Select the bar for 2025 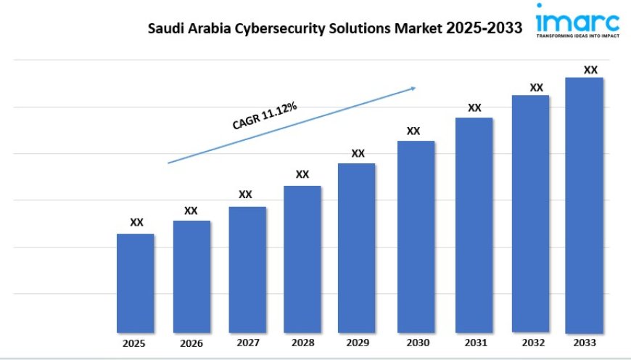[136, 283]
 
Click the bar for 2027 [247, 269]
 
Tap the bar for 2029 [357, 247]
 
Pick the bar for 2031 [474, 225]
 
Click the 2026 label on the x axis [191, 343]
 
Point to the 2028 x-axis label [302, 343]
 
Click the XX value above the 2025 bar [136, 223]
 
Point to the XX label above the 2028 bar [302, 174]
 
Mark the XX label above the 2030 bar [413, 131]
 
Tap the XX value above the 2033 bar [590, 70]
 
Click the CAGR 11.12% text [265, 117]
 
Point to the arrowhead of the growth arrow [413, 88]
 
